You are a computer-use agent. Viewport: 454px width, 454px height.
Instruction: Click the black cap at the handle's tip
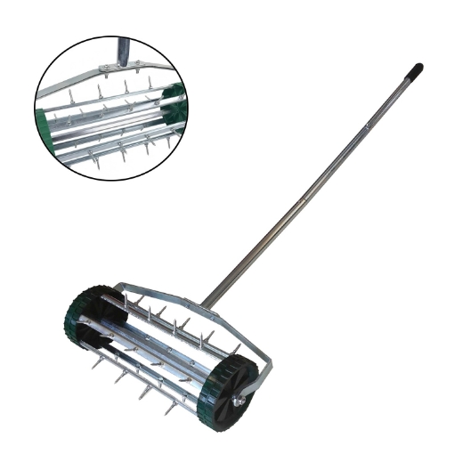[x=415, y=69]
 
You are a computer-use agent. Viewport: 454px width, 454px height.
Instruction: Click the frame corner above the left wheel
[x=119, y=287]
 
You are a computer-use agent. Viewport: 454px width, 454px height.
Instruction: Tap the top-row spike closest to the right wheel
[x=212, y=337]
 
